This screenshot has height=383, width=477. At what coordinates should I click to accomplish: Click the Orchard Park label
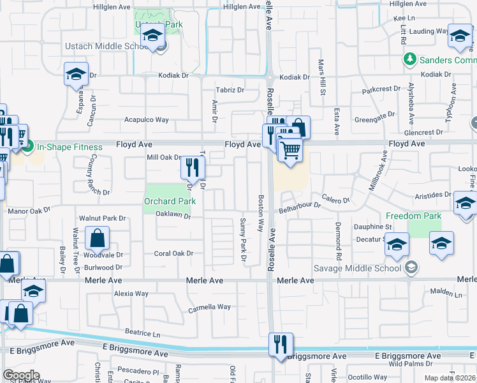tap(169, 201)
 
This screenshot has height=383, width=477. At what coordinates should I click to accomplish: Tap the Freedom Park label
tap(413, 216)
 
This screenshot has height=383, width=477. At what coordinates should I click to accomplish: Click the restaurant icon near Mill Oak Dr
tap(191, 167)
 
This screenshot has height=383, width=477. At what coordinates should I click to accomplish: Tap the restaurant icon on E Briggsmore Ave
tap(281, 345)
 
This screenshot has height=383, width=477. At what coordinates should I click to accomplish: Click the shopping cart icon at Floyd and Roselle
tap(290, 151)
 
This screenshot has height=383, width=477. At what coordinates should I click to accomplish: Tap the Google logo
tap(21, 375)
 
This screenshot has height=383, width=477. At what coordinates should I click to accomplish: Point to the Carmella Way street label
tap(209, 307)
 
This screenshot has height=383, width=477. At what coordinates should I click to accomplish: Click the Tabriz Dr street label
tap(230, 90)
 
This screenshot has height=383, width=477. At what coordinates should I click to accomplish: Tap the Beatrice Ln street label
tap(142, 333)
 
